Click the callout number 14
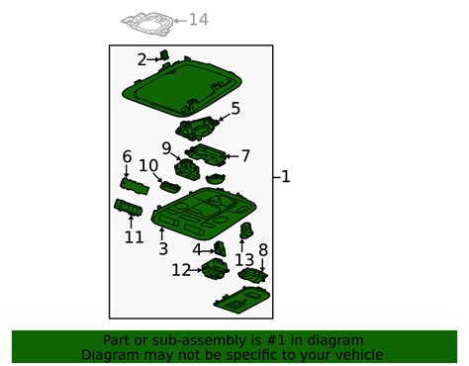point(199,20)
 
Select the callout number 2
point(141,60)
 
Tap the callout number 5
point(235,109)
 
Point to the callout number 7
point(245,156)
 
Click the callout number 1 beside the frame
point(286,177)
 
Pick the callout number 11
point(135,237)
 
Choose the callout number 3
point(163,248)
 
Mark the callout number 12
point(181,270)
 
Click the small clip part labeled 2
point(164,55)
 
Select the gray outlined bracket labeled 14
point(147,23)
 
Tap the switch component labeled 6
point(135,187)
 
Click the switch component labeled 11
point(128,208)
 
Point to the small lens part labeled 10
point(170,187)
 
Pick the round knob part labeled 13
point(246,230)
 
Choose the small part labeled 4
point(221,248)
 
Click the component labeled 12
point(215,268)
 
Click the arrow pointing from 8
point(262,265)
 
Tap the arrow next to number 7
point(232,156)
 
